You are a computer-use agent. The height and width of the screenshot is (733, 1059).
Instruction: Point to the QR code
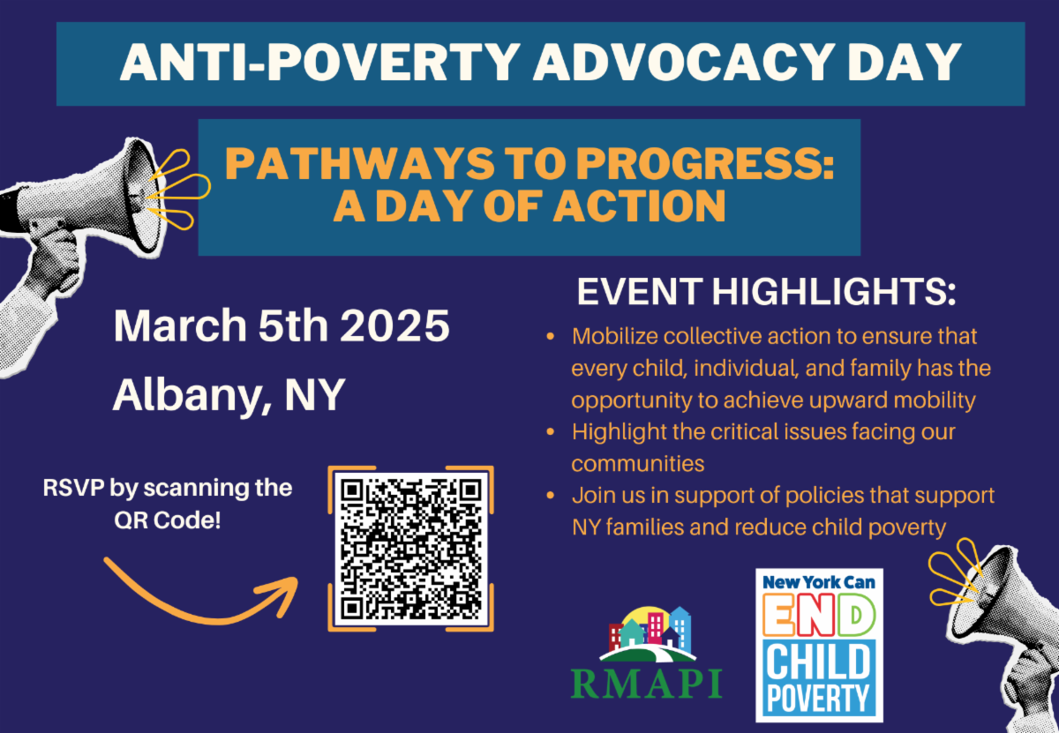(411, 549)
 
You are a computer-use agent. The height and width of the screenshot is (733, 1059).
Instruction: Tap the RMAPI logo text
(646, 684)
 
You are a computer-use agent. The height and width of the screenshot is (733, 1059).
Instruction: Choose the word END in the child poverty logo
(819, 616)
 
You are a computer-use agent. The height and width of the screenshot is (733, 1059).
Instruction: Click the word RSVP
(73, 488)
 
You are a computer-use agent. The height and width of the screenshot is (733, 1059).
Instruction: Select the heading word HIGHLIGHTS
(834, 292)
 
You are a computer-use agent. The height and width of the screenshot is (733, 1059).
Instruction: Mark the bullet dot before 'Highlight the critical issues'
(551, 432)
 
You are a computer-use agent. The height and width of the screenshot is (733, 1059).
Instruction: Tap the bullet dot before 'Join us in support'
(551, 496)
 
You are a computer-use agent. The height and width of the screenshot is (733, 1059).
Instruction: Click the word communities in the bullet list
(638, 464)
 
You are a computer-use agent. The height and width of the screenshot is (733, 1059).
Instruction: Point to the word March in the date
(180, 325)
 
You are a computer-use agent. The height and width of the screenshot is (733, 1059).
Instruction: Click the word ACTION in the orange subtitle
(639, 206)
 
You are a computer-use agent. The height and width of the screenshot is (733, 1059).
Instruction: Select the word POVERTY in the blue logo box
(818, 698)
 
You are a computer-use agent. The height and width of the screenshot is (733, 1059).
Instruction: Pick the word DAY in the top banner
(904, 63)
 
